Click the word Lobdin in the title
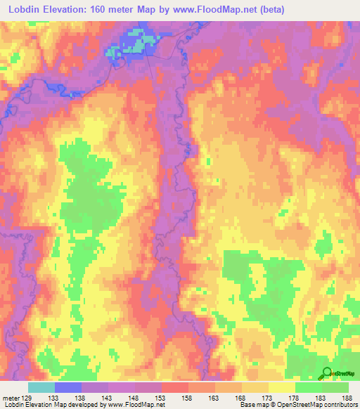(26, 9)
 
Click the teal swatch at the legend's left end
(41, 387)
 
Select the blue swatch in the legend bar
(68, 387)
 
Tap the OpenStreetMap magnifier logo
(328, 373)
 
